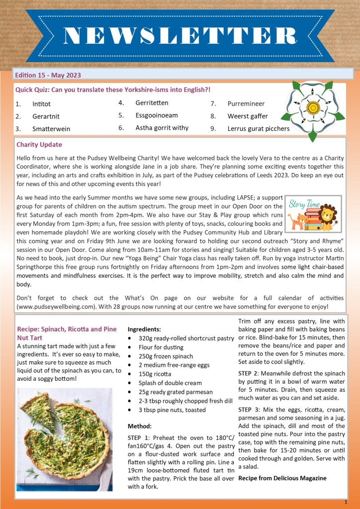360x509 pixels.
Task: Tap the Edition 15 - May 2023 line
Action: point(48,75)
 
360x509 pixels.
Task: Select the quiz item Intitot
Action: point(41,104)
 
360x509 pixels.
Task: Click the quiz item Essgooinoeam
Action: point(156,115)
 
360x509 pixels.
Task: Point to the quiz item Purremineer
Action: point(246,104)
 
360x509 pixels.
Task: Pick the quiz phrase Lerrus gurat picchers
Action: point(258,128)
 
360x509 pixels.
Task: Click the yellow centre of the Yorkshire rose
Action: point(313,107)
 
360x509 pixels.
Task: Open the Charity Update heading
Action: point(39,145)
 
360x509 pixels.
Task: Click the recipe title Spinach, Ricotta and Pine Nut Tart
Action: point(67,333)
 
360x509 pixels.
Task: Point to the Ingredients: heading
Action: point(144,329)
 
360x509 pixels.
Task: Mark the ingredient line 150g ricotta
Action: point(155,374)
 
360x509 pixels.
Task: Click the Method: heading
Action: point(139,426)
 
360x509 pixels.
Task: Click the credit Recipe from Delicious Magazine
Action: point(282,478)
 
